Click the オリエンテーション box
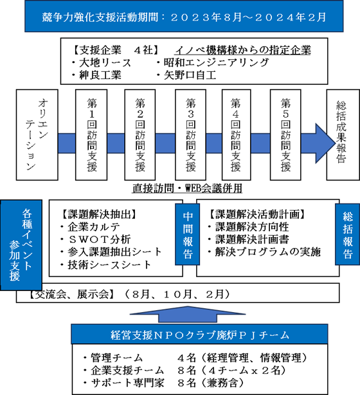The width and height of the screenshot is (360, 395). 37,135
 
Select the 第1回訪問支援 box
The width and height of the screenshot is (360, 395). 91,135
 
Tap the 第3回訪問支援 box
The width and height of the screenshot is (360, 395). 190,135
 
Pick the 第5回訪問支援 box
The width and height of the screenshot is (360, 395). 285,135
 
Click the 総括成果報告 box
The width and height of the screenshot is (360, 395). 343,135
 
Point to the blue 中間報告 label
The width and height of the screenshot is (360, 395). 188,234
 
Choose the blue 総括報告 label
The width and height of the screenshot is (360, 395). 347,234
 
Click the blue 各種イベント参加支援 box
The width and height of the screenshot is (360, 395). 21,245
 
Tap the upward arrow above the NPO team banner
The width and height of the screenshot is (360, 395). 188,314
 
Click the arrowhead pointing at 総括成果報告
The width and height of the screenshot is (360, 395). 325,143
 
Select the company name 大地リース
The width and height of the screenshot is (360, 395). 105,63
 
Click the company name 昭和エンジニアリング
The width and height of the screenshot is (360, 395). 216,63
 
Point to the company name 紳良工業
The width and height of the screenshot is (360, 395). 100,75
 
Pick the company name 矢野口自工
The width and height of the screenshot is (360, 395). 190,75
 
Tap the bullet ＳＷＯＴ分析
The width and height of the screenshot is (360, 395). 99,240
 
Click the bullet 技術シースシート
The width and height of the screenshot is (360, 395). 109,265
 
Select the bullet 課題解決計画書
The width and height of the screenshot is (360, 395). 252,240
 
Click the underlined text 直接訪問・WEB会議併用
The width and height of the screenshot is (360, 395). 187,188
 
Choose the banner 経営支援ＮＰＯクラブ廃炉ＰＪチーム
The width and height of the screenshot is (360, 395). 199,335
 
